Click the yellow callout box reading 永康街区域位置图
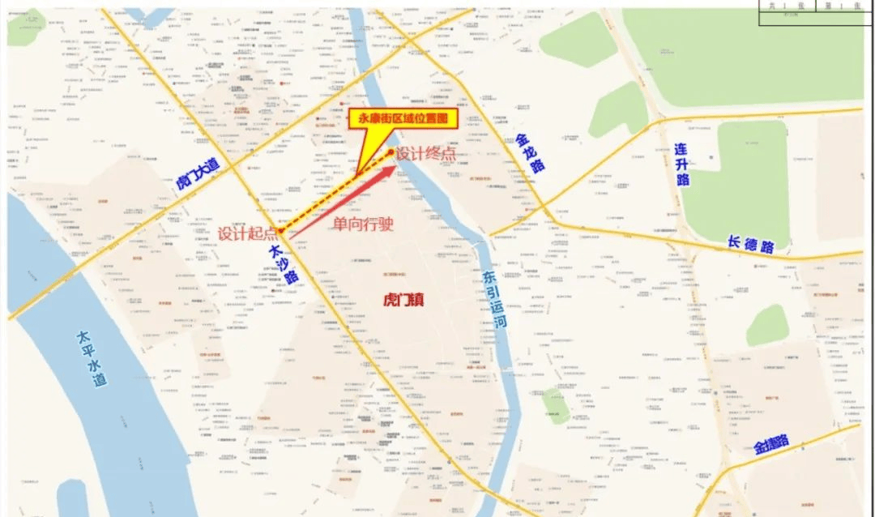pyautogui.click(x=403, y=118)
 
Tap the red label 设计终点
pyautogui.click(x=425, y=152)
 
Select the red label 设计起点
pyautogui.click(x=246, y=233)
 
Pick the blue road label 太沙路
pyautogui.click(x=284, y=263)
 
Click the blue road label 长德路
pyautogui.click(x=750, y=243)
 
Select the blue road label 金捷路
pyautogui.click(x=771, y=443)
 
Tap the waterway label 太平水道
pyautogui.click(x=92, y=357)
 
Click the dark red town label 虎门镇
pyautogui.click(x=404, y=300)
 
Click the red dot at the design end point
pyautogui.click(x=391, y=152)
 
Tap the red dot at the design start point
pyautogui.click(x=281, y=230)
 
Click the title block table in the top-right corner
pyautogui.click(x=815, y=11)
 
